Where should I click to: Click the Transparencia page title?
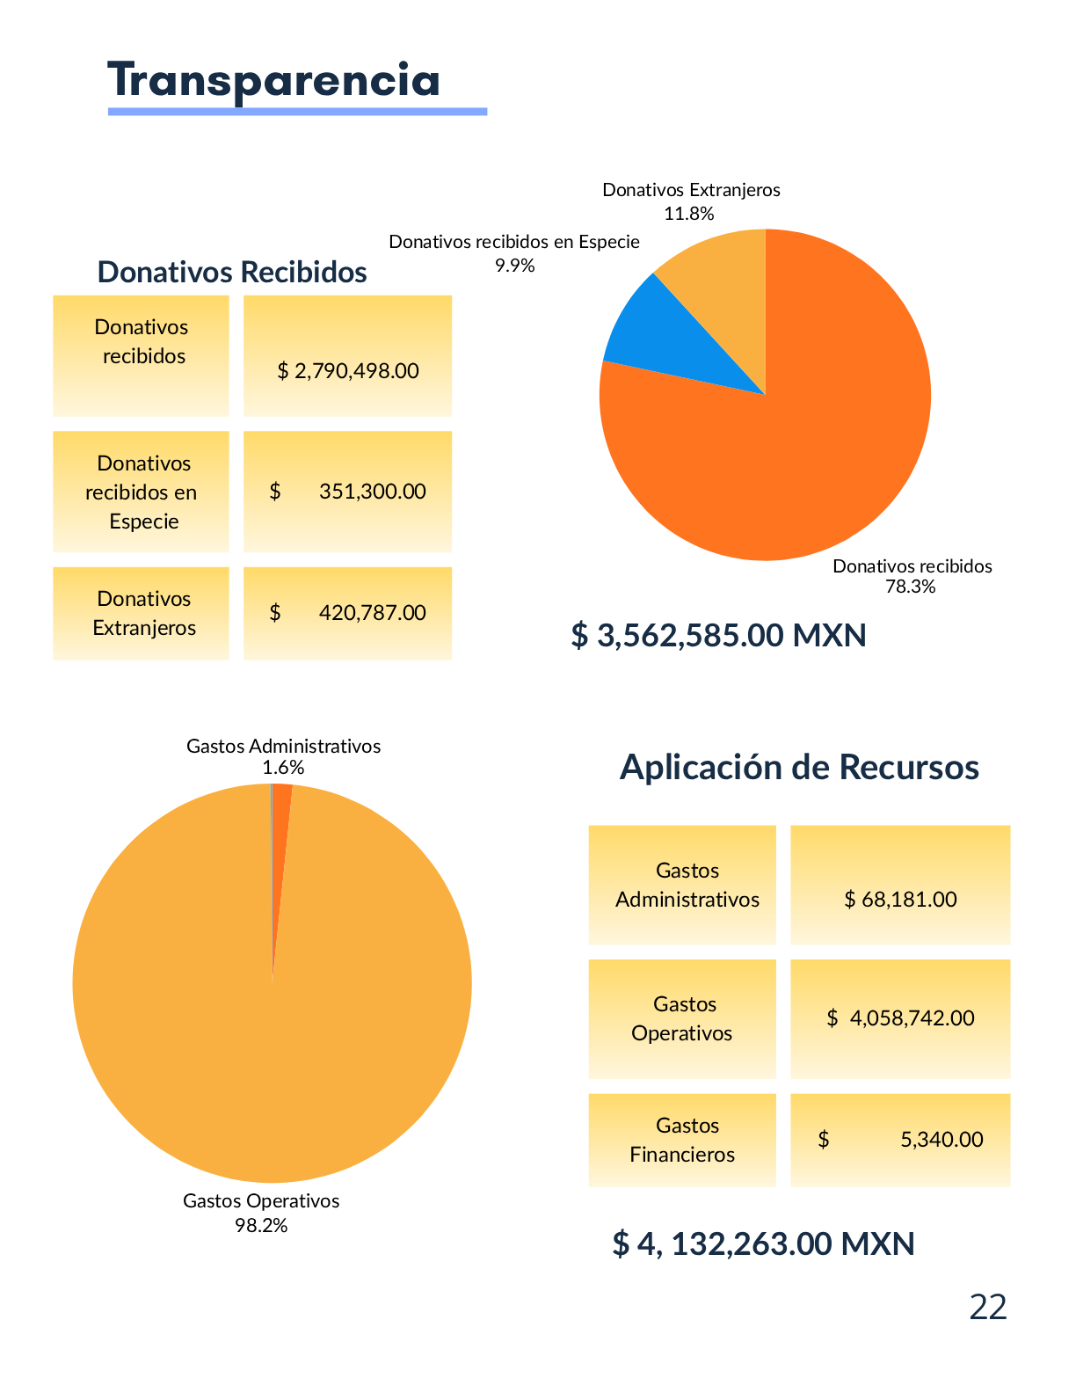tap(273, 81)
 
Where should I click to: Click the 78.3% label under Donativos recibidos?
tap(910, 587)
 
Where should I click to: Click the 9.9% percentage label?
tap(514, 266)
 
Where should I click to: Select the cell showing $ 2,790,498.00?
tap(348, 370)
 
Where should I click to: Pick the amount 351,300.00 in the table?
tap(372, 491)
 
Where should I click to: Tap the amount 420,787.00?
tap(372, 612)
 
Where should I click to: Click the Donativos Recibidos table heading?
tap(232, 272)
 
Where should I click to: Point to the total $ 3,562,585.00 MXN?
tap(718, 635)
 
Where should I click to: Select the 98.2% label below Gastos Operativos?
tap(261, 1225)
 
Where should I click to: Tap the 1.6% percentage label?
tap(283, 768)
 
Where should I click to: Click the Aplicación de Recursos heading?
tap(799, 767)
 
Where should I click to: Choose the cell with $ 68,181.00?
tap(900, 899)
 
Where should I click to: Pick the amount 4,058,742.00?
tap(912, 1018)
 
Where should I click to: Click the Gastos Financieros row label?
tap(683, 1140)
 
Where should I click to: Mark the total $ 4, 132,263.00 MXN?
tap(763, 1243)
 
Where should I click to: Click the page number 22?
tap(987, 1308)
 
